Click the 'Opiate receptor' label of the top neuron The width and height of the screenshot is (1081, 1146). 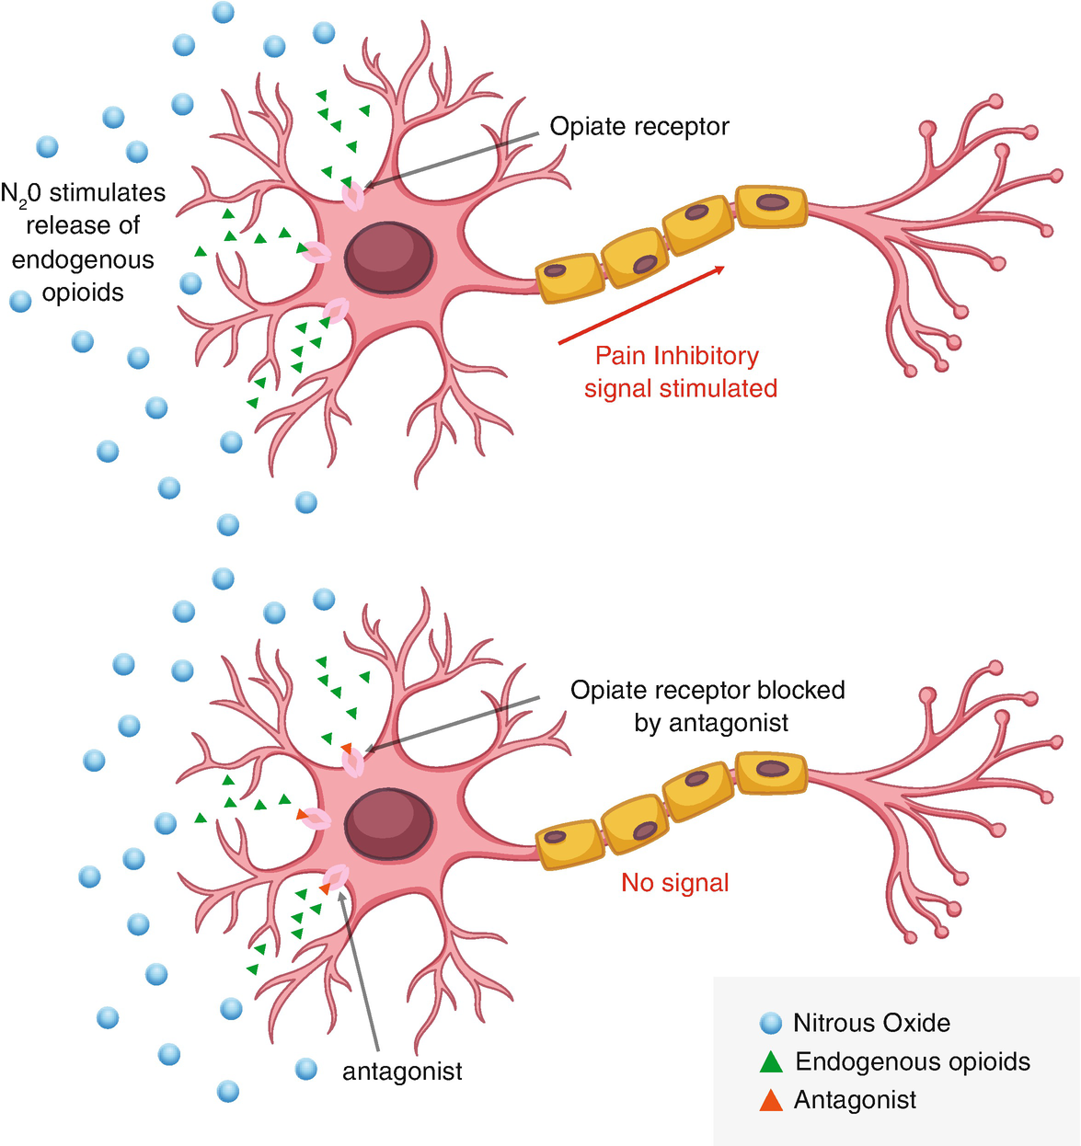click(x=638, y=126)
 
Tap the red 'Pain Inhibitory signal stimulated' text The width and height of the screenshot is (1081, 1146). click(x=680, y=372)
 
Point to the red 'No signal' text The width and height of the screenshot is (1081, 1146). click(x=674, y=883)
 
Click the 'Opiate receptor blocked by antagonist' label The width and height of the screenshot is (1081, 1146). click(x=707, y=705)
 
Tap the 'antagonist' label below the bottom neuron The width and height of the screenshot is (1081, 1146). click(x=402, y=1072)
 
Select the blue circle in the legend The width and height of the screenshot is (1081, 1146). click(x=770, y=1023)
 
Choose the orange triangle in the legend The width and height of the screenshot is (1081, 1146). click(x=771, y=1101)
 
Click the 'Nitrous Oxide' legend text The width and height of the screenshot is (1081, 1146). click(x=871, y=1023)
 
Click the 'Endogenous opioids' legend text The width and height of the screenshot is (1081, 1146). click(x=912, y=1061)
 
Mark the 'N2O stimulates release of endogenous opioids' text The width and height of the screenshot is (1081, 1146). click(x=83, y=243)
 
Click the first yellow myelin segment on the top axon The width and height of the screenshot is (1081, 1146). click(x=569, y=278)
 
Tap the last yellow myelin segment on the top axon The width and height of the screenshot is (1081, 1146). click(x=771, y=206)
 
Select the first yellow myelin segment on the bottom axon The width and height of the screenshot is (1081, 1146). click(x=569, y=844)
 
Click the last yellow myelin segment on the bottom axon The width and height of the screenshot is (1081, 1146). click(x=771, y=773)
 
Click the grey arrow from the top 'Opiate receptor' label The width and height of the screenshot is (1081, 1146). click(x=451, y=160)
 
